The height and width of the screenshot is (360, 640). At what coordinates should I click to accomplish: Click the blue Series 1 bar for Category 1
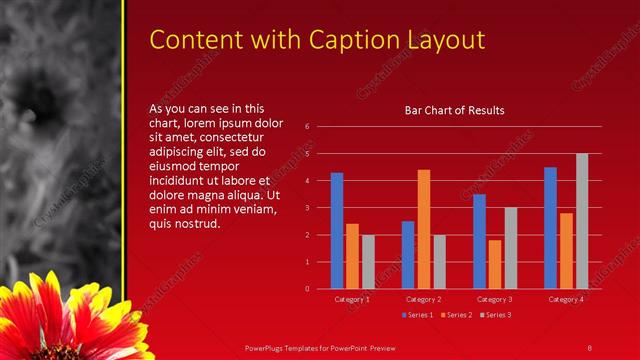pyautogui.click(x=337, y=231)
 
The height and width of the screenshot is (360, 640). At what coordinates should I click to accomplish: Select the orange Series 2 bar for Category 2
pyautogui.click(x=424, y=229)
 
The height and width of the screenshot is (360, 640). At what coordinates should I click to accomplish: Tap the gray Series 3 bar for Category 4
pyautogui.click(x=582, y=221)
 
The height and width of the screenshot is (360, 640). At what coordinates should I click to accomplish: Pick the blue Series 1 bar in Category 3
pyautogui.click(x=480, y=241)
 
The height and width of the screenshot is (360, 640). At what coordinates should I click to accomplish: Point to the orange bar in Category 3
pyautogui.click(x=495, y=264)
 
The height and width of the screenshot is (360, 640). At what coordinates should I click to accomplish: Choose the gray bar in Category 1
pyautogui.click(x=367, y=262)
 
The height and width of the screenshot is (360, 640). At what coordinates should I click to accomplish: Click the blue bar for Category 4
pyautogui.click(x=551, y=228)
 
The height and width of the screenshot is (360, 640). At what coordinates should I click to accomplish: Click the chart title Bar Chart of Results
pyautogui.click(x=454, y=110)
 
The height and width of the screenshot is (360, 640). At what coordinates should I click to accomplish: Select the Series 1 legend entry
pyautogui.click(x=418, y=315)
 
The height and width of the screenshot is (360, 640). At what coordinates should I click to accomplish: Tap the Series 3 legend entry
pyautogui.click(x=496, y=315)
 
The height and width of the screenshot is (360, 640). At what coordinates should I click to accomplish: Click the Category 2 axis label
pyautogui.click(x=424, y=299)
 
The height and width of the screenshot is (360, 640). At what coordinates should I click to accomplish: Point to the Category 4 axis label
pyautogui.click(x=566, y=299)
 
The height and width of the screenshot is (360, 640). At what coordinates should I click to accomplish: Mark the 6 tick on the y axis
pyautogui.click(x=308, y=126)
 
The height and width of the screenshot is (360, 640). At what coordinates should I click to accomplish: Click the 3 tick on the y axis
pyautogui.click(x=308, y=208)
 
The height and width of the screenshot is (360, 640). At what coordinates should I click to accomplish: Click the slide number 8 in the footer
pyautogui.click(x=590, y=347)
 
